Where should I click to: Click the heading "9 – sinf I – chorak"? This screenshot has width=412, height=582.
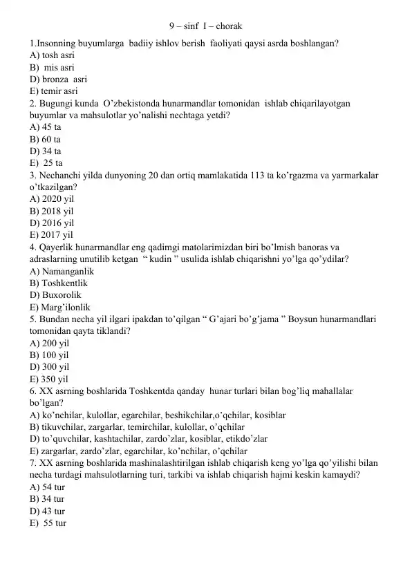(205, 27)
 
